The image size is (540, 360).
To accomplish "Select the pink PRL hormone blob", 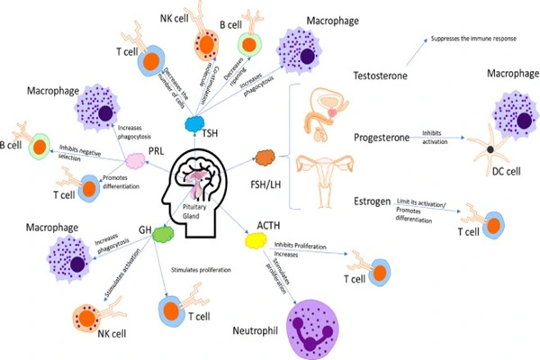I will tap(135, 160).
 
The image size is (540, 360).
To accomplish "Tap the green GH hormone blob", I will tap(163, 234).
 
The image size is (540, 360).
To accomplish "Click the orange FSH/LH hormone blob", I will tap(266, 158).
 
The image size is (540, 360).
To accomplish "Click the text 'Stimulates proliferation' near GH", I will tap(198, 268).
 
